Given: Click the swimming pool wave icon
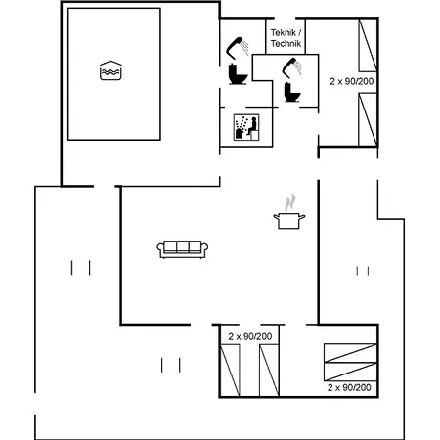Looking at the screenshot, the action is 110,70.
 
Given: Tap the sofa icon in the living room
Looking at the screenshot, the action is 183,249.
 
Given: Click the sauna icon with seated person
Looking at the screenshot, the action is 246,127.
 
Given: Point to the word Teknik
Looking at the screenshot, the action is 284,33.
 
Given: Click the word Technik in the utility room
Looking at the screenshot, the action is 286,43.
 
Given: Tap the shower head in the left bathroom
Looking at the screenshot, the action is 238,48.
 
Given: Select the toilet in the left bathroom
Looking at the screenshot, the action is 238,74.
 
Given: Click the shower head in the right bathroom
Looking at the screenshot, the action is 291,67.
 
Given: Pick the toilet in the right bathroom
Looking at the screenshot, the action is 292,93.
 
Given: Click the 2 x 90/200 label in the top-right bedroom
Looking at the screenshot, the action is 352,81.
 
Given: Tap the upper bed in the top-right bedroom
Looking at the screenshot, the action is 368,45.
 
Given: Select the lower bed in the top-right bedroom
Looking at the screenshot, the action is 368,119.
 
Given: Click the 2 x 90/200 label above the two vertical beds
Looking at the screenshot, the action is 250,336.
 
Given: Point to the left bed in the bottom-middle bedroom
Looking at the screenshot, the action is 230,371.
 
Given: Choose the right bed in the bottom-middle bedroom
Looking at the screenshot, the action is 269,371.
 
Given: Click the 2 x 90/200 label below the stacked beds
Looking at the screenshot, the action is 349,387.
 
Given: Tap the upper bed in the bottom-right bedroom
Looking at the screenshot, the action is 350,353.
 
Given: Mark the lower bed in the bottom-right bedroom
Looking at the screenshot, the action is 350,372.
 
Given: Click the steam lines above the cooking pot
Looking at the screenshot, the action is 290,202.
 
